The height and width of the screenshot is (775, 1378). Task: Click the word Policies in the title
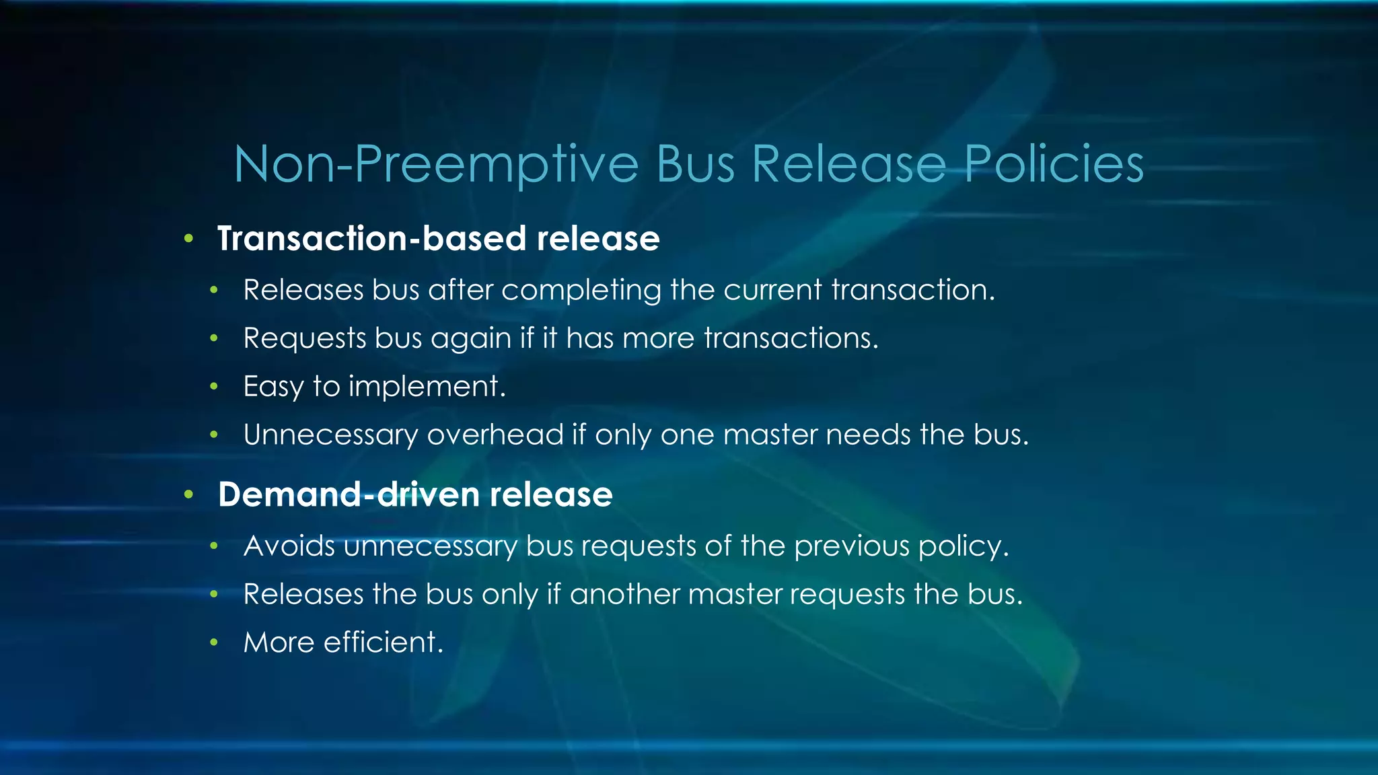[1054, 164]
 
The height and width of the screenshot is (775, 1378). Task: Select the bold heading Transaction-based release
[438, 239]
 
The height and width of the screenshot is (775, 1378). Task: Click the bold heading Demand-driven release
[415, 494]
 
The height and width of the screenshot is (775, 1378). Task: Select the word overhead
[495, 435]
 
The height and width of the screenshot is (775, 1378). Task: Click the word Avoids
[289, 546]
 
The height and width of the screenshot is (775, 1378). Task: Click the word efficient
[384, 642]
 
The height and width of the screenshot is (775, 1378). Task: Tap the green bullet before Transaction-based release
[189, 239]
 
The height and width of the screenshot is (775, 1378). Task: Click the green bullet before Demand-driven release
[189, 495]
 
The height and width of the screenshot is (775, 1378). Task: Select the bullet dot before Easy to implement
[214, 387]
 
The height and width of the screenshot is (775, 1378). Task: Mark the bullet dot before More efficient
[214, 642]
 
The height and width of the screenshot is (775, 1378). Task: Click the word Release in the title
[849, 164]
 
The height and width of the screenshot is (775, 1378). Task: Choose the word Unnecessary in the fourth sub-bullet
[330, 435]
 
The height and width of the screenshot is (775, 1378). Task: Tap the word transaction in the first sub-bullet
[912, 291]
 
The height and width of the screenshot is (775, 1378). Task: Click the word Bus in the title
[695, 164]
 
